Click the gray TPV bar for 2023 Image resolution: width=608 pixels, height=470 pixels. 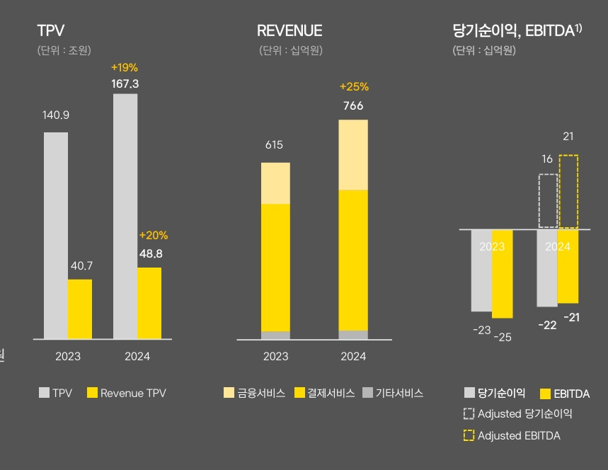pos(56,235)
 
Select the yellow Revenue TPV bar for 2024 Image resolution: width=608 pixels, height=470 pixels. pos(149,303)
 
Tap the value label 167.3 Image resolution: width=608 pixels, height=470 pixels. pos(125,84)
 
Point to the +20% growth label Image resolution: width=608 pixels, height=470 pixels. pos(154,235)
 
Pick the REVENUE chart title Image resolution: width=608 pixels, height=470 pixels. pos(289,30)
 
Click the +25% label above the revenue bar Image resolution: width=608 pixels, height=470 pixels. pos(354,87)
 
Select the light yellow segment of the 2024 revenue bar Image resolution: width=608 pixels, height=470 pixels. pos(353,154)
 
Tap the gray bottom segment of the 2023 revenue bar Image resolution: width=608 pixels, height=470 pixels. pos(275,336)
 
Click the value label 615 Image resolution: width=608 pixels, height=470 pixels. pos(274,145)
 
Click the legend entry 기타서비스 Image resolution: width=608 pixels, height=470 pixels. pos(393,393)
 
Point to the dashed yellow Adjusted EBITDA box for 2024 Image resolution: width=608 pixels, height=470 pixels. pos(568,191)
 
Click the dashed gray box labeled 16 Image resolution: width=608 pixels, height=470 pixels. pos(548,200)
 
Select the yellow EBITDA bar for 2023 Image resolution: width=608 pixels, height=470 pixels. pos(502,273)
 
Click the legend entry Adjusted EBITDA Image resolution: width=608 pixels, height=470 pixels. pos(512,435)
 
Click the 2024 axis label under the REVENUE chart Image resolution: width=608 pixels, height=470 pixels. pos(352,356)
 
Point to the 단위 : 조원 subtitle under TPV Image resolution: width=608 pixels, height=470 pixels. pos(64,50)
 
